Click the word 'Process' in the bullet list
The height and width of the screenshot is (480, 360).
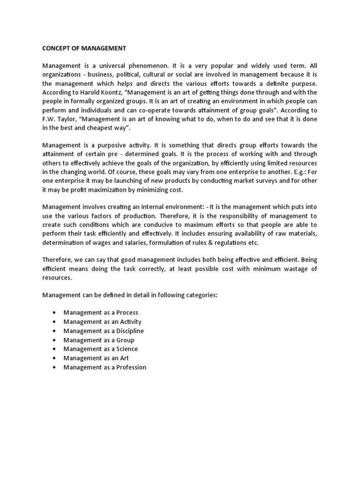point(127,313)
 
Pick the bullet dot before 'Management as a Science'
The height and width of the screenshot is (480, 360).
point(54,349)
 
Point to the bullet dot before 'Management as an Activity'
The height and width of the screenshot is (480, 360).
point(54,322)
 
